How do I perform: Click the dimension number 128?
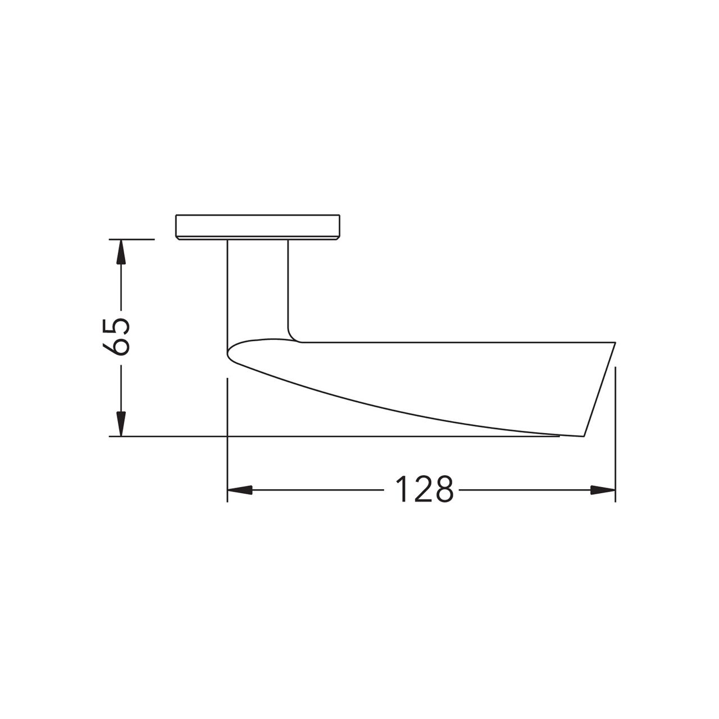(x=424, y=489)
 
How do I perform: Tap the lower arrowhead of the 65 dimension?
(x=120, y=424)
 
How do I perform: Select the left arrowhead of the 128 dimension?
(x=239, y=490)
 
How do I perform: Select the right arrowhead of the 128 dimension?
(x=603, y=490)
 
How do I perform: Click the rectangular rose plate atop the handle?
(x=258, y=226)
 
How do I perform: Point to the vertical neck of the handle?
(x=258, y=286)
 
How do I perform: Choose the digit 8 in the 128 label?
(x=443, y=489)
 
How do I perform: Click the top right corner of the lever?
(x=615, y=342)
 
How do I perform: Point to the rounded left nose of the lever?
(x=229, y=353)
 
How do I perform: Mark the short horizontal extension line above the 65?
(x=135, y=239)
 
